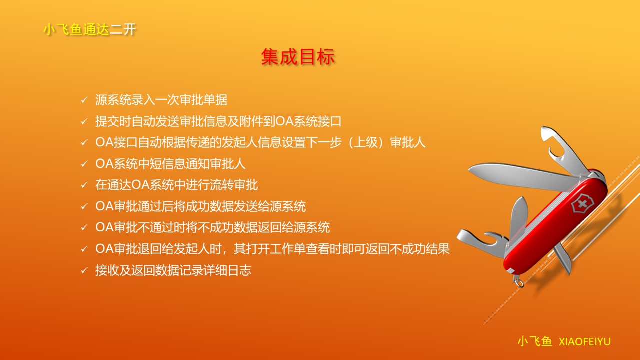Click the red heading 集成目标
[x=298, y=57]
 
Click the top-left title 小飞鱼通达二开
[x=90, y=29]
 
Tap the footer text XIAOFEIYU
[x=584, y=342]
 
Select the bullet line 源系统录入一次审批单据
[x=161, y=100]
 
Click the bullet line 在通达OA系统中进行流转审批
[x=177, y=185]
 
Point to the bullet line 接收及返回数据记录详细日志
[x=173, y=270]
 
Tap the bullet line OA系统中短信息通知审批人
[x=170, y=164]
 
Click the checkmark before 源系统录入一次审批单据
[x=84, y=100]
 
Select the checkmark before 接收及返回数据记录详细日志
[x=84, y=270]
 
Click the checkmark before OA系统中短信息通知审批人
[x=84, y=164]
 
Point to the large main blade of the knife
[x=523, y=175]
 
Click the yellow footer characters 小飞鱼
[x=535, y=341]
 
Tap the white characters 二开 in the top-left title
[x=123, y=29]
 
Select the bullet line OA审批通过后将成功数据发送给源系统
[x=201, y=206]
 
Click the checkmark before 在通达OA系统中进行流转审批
[x=84, y=185]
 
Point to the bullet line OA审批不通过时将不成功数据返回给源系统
[x=213, y=227]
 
